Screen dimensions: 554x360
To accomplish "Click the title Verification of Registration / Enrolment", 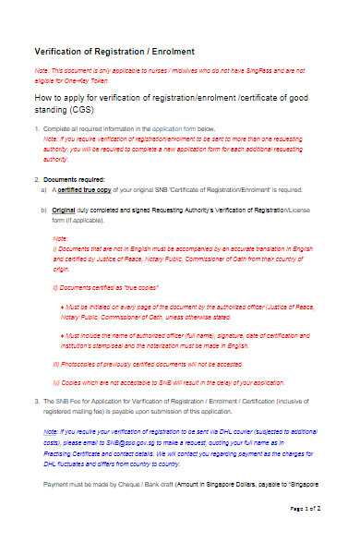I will pyautogui.click(x=114, y=51).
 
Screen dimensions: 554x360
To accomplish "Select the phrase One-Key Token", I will pyautogui.click(x=89, y=80).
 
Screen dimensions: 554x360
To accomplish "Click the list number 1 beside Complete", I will pyautogui.click(x=35, y=128).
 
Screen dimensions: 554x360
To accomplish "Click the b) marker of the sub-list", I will pyautogui.click(x=43, y=212).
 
